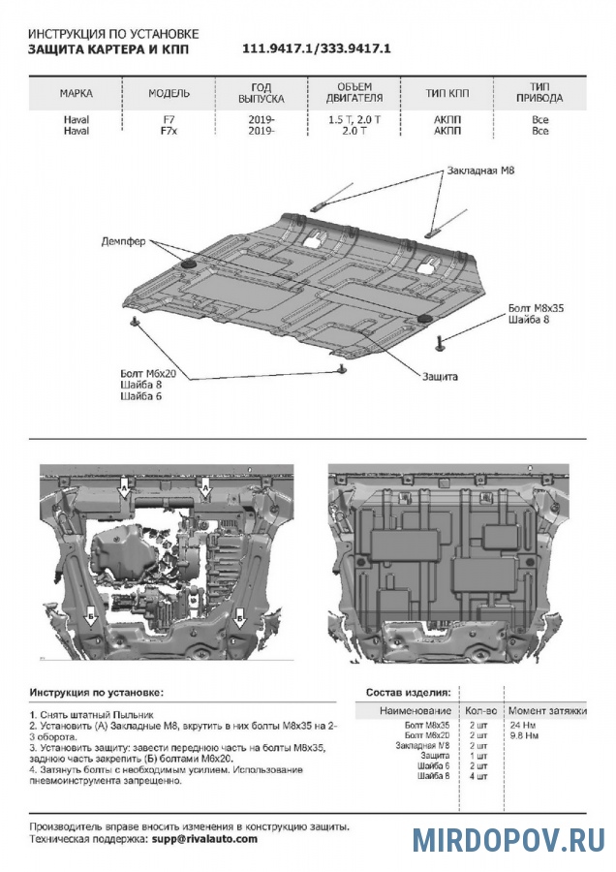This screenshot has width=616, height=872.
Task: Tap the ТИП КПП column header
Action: (447, 94)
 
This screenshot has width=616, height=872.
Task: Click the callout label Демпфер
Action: (123, 240)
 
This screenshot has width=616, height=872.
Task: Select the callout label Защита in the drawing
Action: (440, 375)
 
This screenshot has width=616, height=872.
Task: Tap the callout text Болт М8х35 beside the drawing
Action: (535, 308)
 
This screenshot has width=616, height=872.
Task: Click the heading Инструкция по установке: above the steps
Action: (97, 693)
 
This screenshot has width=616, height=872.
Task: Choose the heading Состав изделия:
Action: (407, 693)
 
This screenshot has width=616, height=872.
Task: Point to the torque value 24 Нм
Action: (522, 725)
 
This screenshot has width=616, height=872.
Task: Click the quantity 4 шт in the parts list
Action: (477, 777)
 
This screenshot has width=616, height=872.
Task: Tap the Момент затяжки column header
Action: (547, 711)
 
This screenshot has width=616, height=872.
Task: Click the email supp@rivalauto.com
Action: (204, 838)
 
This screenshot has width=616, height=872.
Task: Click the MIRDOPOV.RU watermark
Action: (508, 839)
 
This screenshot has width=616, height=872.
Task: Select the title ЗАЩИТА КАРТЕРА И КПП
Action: (108, 49)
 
